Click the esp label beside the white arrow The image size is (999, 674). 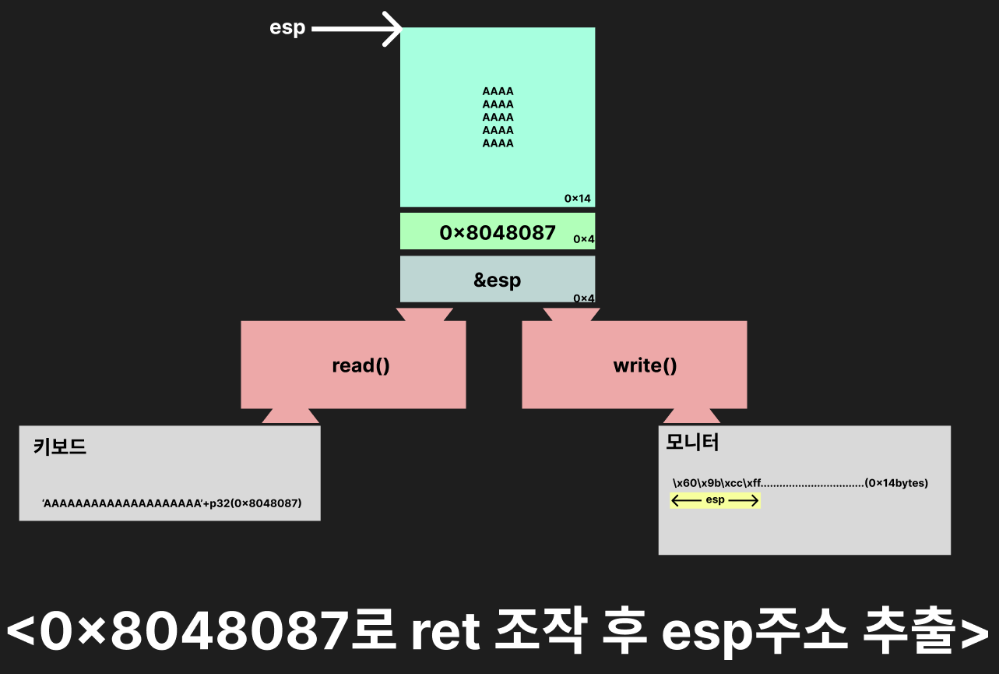(x=287, y=28)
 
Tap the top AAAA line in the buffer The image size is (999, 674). (x=498, y=91)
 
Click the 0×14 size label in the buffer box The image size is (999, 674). (x=577, y=199)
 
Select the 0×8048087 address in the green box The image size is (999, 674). (x=498, y=232)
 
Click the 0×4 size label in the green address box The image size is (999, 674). (x=583, y=239)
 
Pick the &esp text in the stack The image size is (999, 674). (x=498, y=280)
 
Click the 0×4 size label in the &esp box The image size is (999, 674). (x=583, y=298)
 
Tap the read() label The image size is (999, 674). (x=361, y=365)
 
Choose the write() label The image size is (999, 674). (x=645, y=365)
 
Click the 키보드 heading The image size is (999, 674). (x=60, y=447)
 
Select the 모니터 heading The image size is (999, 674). (x=693, y=443)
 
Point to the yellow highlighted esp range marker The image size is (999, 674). (x=715, y=500)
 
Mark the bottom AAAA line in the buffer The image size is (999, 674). (x=498, y=143)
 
